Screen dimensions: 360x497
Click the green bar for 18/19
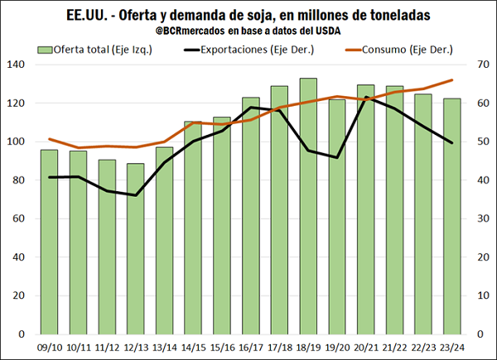click(x=308, y=207)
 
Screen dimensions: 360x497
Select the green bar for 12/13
click(x=136, y=248)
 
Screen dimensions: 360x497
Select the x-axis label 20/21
click(x=366, y=348)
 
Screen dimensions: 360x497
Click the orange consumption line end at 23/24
click(x=452, y=80)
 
